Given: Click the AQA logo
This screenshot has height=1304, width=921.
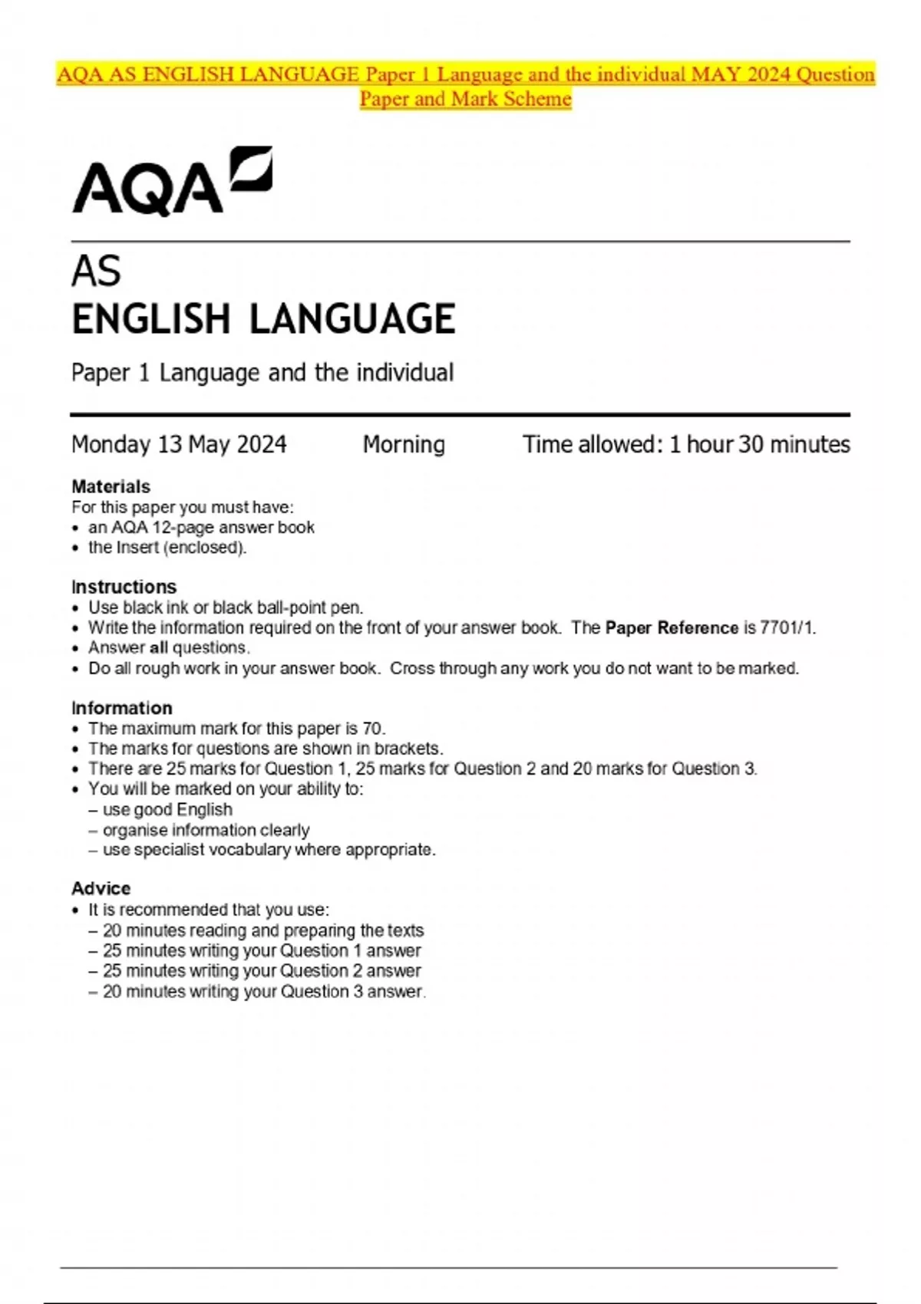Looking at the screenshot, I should click(x=172, y=181).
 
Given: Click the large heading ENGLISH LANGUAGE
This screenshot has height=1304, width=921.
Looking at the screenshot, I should click(x=263, y=319).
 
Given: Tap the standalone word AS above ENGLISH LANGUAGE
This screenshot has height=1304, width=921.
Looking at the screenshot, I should click(x=96, y=271).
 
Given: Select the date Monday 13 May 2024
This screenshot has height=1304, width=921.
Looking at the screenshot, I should click(x=179, y=444).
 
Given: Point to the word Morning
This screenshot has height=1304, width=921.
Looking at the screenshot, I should click(x=404, y=444).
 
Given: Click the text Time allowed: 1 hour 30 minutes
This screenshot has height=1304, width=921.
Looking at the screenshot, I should click(x=686, y=444).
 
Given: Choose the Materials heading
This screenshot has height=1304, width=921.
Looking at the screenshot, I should click(x=111, y=486).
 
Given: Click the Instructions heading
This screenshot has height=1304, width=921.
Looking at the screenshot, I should click(x=124, y=587).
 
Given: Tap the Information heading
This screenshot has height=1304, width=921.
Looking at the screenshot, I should click(x=121, y=708).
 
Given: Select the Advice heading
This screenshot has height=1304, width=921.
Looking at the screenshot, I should click(x=101, y=888).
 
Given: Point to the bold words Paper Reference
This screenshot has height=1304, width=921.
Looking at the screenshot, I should click(x=672, y=628).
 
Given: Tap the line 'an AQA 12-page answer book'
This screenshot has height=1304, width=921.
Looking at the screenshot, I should click(x=201, y=528).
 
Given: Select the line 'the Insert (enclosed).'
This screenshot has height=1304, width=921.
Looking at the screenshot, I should click(x=167, y=548).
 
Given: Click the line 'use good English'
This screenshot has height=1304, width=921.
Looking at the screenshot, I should click(x=167, y=810).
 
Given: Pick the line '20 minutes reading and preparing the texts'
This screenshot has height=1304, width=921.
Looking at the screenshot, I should click(x=263, y=930).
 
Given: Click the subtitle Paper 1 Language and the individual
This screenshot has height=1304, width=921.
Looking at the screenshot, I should click(x=262, y=373).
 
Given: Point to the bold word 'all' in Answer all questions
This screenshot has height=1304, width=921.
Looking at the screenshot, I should click(x=159, y=648).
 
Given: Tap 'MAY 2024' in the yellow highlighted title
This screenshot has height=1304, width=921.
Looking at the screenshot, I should click(x=741, y=74).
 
